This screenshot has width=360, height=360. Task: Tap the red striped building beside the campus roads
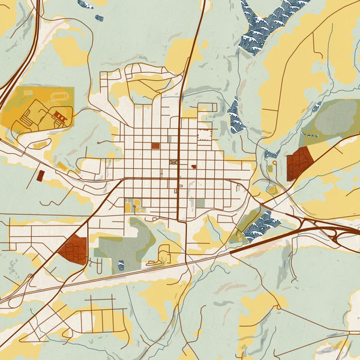click(x=61, y=115)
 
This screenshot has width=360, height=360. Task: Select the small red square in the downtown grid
click(x=155, y=145)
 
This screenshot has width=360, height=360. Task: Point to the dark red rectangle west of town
click(x=41, y=175)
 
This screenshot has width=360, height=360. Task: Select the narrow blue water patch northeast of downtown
click(x=234, y=115)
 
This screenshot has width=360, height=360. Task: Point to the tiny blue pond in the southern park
click(x=121, y=265)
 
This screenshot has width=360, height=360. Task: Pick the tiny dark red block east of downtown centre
click(x=194, y=167)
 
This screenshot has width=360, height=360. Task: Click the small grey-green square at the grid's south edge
click(x=200, y=203)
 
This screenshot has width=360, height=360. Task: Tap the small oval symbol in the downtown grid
click(x=174, y=162)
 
